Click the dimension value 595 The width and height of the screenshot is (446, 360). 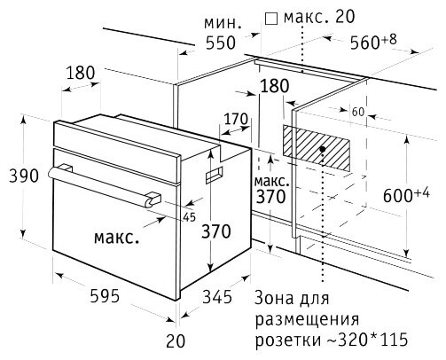[105, 295]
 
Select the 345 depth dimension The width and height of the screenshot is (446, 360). [217, 296]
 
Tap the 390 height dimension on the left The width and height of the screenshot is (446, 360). [24, 176]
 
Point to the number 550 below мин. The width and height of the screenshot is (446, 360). [221, 43]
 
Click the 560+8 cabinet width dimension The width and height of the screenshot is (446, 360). [373, 42]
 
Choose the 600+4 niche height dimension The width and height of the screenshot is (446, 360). [406, 194]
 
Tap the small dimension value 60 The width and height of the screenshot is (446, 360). [358, 112]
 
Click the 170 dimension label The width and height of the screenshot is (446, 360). [236, 120]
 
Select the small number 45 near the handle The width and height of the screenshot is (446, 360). [190, 217]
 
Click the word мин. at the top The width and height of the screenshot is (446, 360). [223, 24]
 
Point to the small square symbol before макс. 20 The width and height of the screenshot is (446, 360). [271, 19]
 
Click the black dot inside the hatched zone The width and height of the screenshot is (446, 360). [323, 149]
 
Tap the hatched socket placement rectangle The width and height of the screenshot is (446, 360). [317, 148]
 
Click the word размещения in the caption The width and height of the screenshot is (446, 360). [308, 320]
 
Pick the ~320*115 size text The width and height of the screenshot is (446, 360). [367, 340]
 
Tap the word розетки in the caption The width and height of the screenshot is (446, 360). [288, 340]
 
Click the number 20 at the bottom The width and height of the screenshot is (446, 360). [176, 340]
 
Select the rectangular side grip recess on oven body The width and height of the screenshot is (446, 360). [214, 174]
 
